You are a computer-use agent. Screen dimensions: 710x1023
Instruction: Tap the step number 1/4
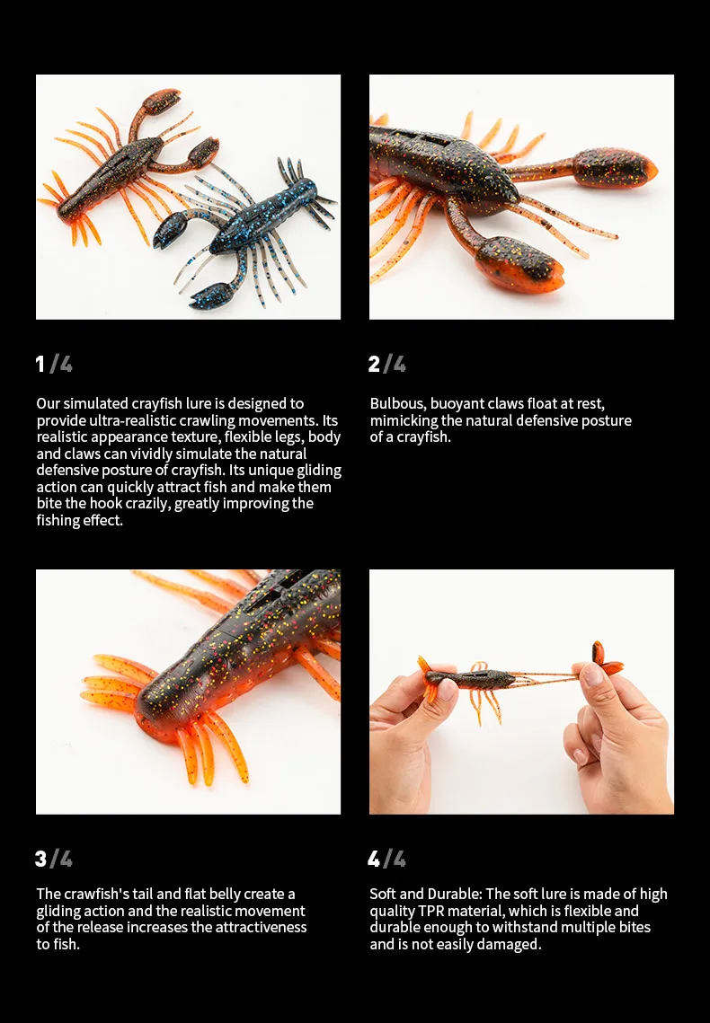pyautogui.click(x=54, y=364)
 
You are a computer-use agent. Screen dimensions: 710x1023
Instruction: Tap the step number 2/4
pyautogui.click(x=387, y=364)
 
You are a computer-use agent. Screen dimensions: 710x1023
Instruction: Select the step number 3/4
pyautogui.click(x=54, y=859)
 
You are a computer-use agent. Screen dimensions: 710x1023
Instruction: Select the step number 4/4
pyautogui.click(x=387, y=859)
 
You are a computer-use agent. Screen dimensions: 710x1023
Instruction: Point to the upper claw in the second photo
pyautogui.click(x=615, y=168)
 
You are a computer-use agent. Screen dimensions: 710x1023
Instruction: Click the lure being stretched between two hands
pyautogui.click(x=516, y=678)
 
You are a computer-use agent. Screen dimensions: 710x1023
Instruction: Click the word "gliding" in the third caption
pyautogui.click(x=60, y=912)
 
